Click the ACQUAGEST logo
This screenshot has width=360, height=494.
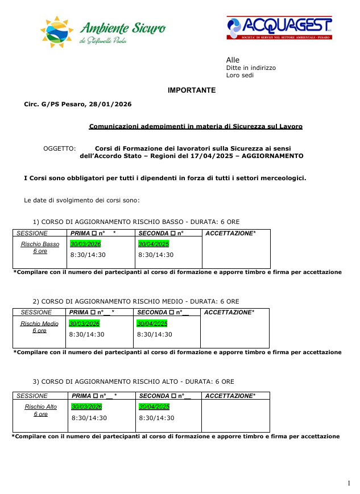[x=279, y=27]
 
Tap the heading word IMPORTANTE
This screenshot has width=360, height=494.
[x=192, y=90]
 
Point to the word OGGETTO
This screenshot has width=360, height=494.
[x=60, y=148]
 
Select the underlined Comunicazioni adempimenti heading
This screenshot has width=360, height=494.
[x=196, y=126]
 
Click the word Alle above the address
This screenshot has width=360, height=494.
[x=233, y=60]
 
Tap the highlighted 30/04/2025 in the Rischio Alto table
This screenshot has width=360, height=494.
[x=154, y=406]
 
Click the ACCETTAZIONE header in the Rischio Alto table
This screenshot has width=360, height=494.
[x=230, y=396]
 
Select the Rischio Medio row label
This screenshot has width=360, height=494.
[x=39, y=324]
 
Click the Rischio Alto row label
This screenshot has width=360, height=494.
[x=40, y=407]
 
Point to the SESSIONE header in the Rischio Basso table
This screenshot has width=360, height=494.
[x=32, y=233]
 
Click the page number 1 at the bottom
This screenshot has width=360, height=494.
[x=349, y=483]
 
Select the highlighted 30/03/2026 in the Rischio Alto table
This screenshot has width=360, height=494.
[x=86, y=406]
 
